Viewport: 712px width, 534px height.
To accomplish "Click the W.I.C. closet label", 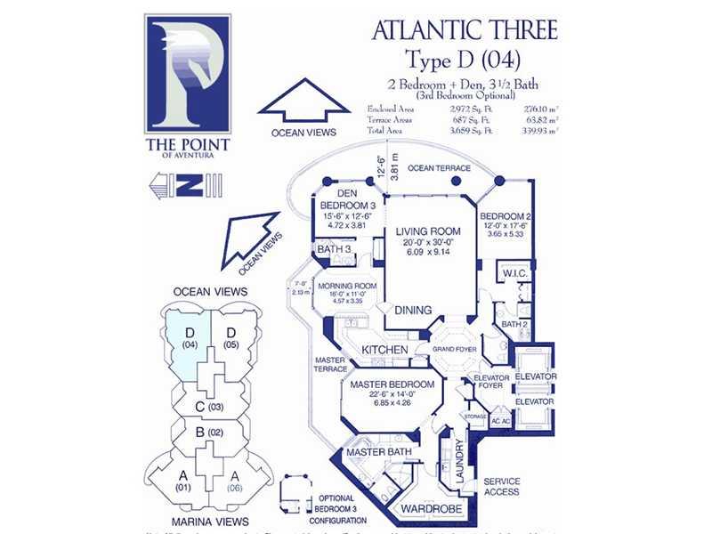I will [512, 273].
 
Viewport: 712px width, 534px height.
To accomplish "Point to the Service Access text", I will [501, 487].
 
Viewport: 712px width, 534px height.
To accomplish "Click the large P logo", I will [188, 76].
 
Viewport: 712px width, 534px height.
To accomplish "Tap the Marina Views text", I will [210, 521].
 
